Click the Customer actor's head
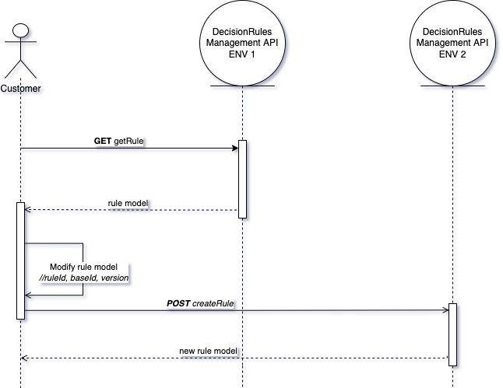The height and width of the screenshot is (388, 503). (x=21, y=31)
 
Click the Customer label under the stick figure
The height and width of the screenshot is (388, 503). (x=21, y=88)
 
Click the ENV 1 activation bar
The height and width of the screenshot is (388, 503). (x=242, y=179)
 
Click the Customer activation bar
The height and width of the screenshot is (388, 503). (x=21, y=260)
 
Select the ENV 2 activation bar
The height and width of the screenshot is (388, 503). (x=452, y=334)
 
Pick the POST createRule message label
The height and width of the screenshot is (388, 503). (x=201, y=302)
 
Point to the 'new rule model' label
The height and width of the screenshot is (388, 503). (x=207, y=351)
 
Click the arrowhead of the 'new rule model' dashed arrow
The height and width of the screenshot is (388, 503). (x=25, y=358)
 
